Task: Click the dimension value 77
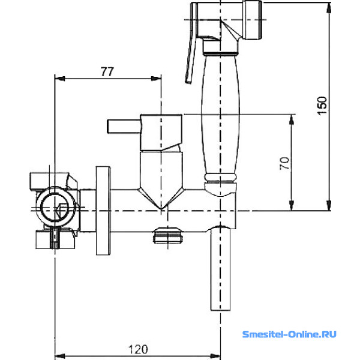click(107, 71)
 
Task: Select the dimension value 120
click(138, 349)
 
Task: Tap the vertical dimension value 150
click(322, 106)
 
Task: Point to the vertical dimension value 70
click(284, 163)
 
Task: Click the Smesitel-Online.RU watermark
click(289, 334)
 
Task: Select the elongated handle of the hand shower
click(220, 115)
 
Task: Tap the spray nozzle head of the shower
click(253, 20)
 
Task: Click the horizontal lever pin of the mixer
click(124, 126)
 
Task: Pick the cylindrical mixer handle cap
click(161, 133)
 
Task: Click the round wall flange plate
click(103, 211)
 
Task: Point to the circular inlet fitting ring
click(55, 206)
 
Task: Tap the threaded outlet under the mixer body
click(168, 235)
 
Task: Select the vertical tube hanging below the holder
click(220, 269)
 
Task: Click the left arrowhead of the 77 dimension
click(59, 79)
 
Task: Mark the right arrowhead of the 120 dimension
click(215, 356)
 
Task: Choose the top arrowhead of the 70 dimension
click(292, 119)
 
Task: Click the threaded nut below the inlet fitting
click(55, 239)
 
